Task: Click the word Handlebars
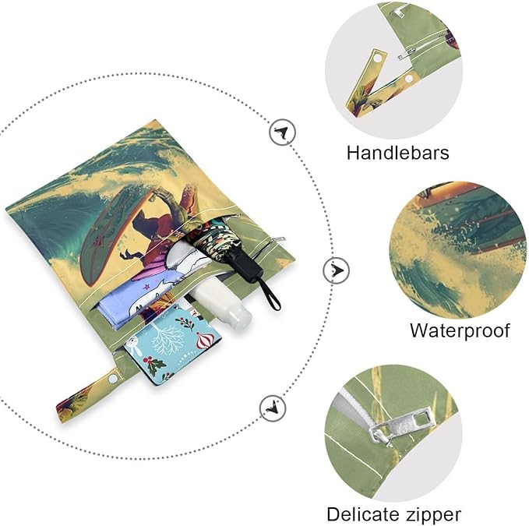coord(398,153)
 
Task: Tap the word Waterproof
coord(460,330)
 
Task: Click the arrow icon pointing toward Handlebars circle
coord(282,132)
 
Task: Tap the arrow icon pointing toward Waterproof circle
coord(336,270)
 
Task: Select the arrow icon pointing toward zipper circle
coord(273,408)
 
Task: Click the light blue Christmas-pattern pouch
coord(173,344)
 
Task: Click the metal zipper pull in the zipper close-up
coord(400,426)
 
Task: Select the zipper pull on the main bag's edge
coord(277,240)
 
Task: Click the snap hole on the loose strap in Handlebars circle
coord(378,58)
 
